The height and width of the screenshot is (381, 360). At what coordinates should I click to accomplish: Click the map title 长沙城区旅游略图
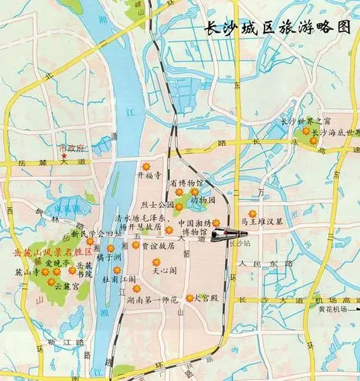pos(278,29)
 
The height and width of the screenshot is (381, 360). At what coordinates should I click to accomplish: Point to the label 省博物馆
pos(186,184)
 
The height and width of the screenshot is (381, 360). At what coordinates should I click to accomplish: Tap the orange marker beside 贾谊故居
pos(136,245)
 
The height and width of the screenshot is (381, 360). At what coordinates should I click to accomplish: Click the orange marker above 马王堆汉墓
pos(252,212)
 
